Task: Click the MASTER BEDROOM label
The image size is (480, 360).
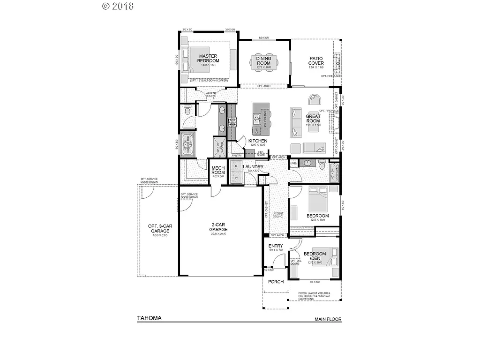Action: (208, 58)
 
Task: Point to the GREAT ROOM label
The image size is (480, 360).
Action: (313, 118)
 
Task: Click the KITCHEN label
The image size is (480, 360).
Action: (258, 141)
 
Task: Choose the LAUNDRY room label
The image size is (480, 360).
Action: (253, 167)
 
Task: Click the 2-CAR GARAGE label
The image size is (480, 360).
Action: (218, 227)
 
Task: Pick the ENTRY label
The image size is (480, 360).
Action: (275, 246)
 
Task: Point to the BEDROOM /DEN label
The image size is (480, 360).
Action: (315, 256)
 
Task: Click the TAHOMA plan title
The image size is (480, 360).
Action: (149, 318)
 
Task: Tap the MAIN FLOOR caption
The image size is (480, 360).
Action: (328, 319)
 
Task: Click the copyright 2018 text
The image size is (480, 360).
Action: (118, 6)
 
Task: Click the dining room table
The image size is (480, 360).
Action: (263, 62)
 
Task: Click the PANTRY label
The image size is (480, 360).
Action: (237, 155)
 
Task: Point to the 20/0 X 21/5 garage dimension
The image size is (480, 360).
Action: (218, 234)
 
